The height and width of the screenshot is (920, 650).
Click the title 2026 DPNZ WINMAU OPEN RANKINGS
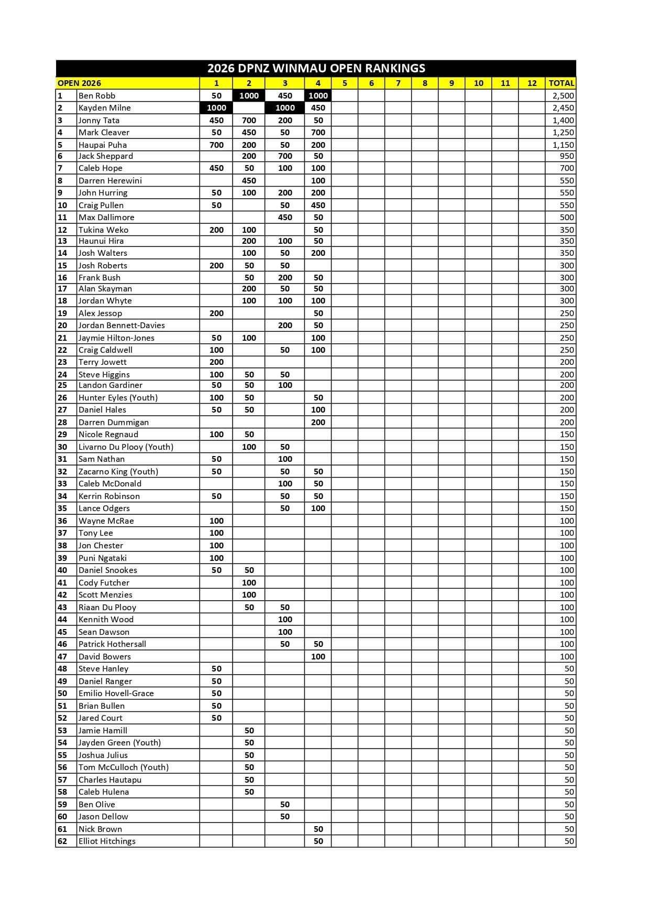coord(316,68)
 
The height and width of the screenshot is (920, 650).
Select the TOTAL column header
coord(561,83)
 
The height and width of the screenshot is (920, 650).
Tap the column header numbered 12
coord(532,83)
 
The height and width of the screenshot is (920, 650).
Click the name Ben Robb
coord(97,95)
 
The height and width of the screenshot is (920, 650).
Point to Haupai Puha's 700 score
coord(216,145)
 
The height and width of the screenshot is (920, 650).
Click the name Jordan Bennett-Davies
coord(122,325)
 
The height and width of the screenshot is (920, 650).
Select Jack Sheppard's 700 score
coord(285,156)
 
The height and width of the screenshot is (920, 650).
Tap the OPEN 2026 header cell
coord(80,83)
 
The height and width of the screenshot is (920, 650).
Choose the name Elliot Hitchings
coord(107,841)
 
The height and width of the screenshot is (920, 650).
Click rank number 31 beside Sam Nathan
coord(62,459)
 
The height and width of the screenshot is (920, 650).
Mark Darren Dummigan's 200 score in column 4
coord(318,422)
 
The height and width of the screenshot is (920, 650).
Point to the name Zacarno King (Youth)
coord(118,471)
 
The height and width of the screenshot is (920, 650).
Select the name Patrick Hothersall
coord(112,644)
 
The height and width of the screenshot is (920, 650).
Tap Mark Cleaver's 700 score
coord(318,132)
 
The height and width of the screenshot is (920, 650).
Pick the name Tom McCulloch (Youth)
coord(124,767)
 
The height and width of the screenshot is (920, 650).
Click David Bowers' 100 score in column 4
coord(318,656)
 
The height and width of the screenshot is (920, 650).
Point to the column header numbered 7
coord(398,83)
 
